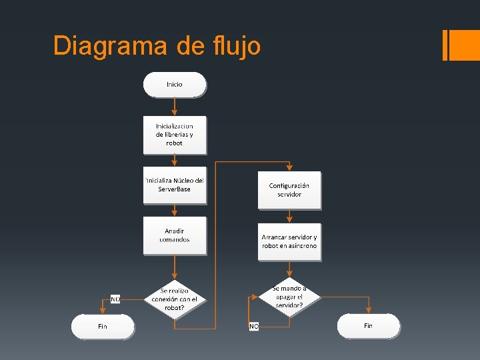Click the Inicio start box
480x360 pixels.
tap(174, 85)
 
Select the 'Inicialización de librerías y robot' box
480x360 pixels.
tap(174, 134)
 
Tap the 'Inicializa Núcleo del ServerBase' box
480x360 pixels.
tap(174, 185)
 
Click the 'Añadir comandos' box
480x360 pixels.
tap(174, 235)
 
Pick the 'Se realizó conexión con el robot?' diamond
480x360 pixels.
tap(174, 299)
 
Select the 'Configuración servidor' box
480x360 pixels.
tap(289, 190)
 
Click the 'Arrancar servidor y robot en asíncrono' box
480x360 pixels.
tap(289, 241)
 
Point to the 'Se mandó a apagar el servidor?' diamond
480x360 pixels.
tap(289, 297)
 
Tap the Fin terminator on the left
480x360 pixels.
tap(102, 327)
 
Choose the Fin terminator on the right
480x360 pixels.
tap(368, 326)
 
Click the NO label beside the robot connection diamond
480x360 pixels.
tap(115, 299)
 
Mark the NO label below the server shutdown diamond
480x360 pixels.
tap(253, 326)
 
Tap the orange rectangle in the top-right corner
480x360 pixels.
tap(465, 45)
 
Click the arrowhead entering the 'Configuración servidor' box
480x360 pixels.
tap(289, 169)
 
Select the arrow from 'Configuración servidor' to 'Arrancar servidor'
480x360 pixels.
tap(289, 215)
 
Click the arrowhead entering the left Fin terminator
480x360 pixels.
tap(102, 311)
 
